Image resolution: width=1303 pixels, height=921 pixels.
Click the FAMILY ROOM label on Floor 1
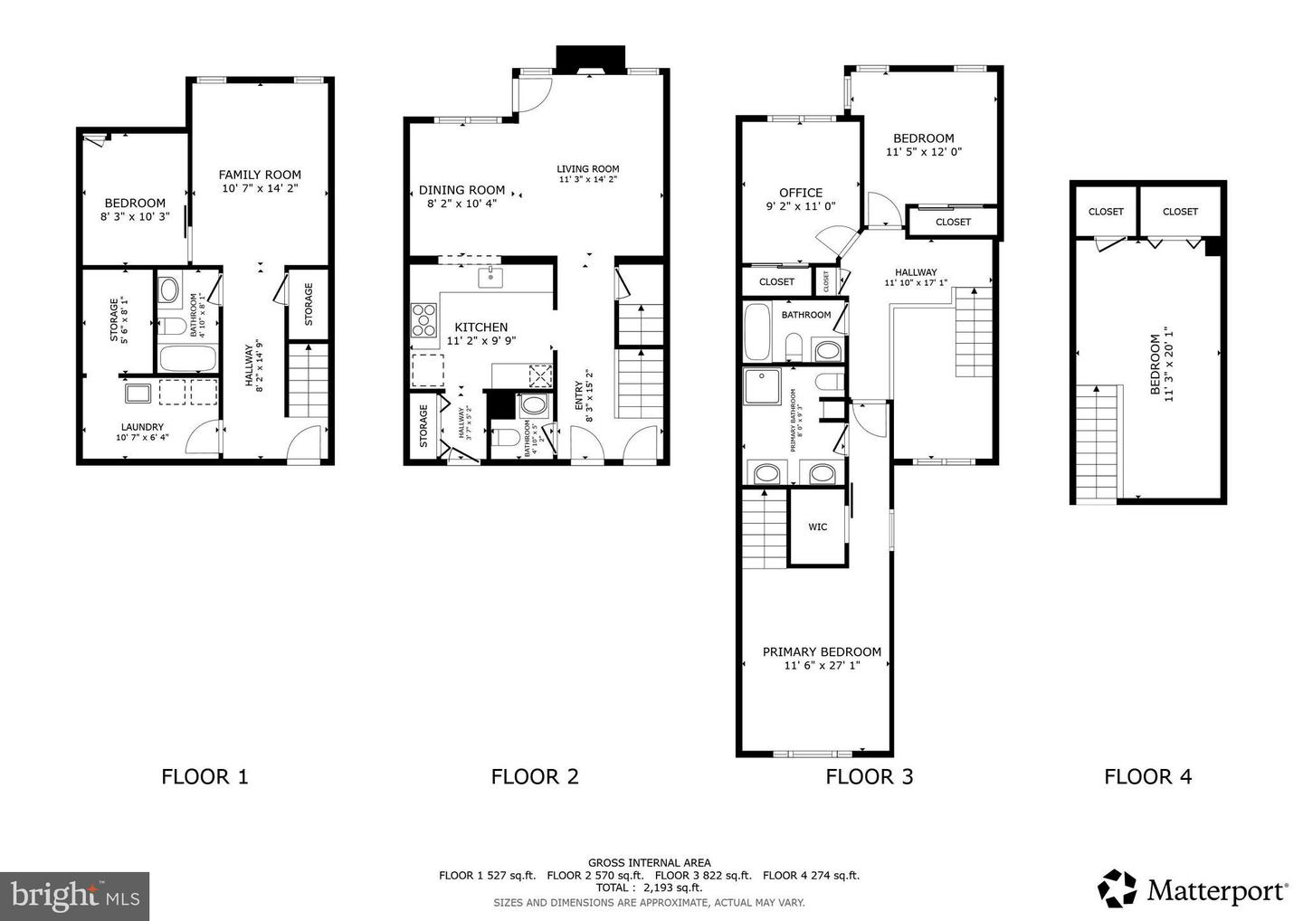tap(260, 175)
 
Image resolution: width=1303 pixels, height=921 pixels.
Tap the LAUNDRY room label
tap(142, 427)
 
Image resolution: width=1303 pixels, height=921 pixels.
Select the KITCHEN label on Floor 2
tap(480, 327)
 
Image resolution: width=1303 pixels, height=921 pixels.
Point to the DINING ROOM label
tap(461, 190)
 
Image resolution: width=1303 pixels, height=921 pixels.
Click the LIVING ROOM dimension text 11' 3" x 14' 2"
tap(587, 179)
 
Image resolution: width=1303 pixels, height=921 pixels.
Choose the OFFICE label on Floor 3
tap(801, 192)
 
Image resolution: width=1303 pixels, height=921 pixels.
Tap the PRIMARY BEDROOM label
tap(821, 651)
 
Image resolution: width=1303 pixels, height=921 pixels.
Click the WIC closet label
tap(817, 527)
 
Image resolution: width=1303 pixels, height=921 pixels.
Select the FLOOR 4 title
tap(1147, 776)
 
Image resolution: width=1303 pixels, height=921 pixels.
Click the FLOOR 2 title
tap(534, 776)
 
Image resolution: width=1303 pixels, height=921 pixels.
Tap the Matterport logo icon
tap(1118, 888)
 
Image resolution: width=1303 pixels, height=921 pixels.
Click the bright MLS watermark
tap(74, 896)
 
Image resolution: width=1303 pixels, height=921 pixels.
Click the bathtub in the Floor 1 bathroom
tap(187, 358)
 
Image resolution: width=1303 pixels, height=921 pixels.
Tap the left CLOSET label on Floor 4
tap(1105, 212)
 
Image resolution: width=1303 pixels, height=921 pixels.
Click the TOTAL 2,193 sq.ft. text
tap(648, 888)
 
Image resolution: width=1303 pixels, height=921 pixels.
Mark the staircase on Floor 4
tap(1099, 443)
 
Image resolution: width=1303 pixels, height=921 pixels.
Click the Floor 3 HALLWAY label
tap(916, 272)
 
